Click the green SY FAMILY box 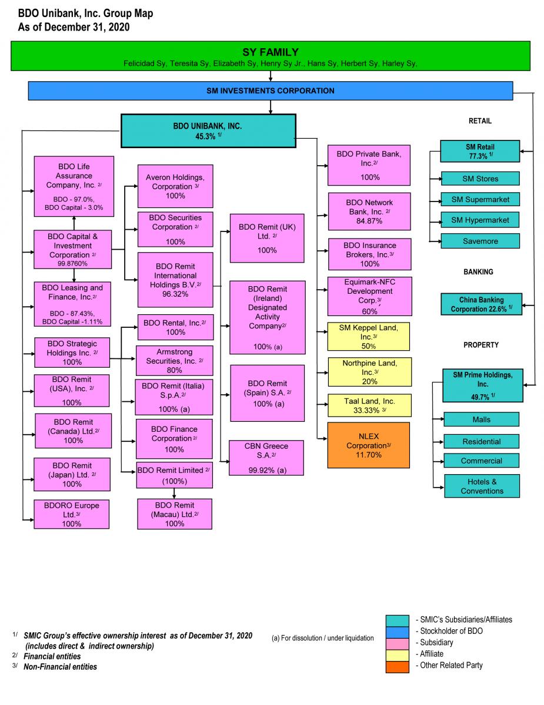(x=271, y=56)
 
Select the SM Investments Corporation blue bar (x=271, y=90)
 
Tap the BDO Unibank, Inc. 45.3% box (x=208, y=130)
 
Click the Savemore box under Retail (x=480, y=241)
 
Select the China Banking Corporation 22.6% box (x=481, y=304)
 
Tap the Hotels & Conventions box (x=482, y=486)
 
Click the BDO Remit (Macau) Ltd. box (x=174, y=514)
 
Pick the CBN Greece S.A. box (x=267, y=458)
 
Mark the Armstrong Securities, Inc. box (x=174, y=361)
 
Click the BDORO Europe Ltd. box (x=71, y=514)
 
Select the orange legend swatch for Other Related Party (x=397, y=666)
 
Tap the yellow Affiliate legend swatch (x=397, y=654)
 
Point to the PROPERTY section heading (x=480, y=345)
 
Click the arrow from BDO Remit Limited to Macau (x=174, y=493)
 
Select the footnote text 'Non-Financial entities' (x=60, y=667)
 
